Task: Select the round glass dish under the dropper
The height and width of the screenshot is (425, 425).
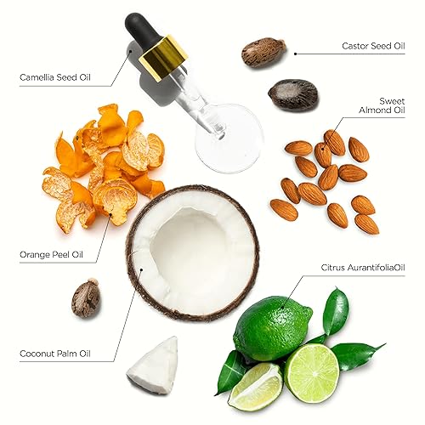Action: coord(230,136)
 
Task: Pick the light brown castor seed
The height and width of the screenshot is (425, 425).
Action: coord(263,52)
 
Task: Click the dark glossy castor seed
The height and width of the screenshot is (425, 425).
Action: coord(292,94)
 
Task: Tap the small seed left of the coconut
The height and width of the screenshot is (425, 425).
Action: coord(86,299)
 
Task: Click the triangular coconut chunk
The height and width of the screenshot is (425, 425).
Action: coord(154,365)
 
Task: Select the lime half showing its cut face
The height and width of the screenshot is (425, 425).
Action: coord(311,373)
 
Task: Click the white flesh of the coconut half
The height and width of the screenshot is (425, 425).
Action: coord(194,251)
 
